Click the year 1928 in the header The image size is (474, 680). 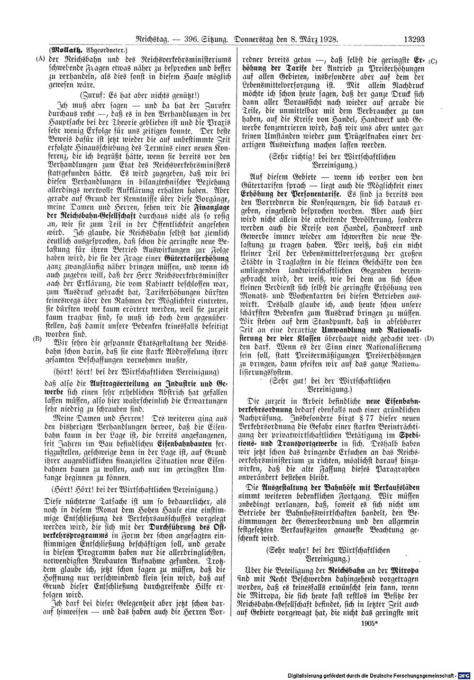coord(326,41)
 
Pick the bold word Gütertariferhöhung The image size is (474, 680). coord(196,259)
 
